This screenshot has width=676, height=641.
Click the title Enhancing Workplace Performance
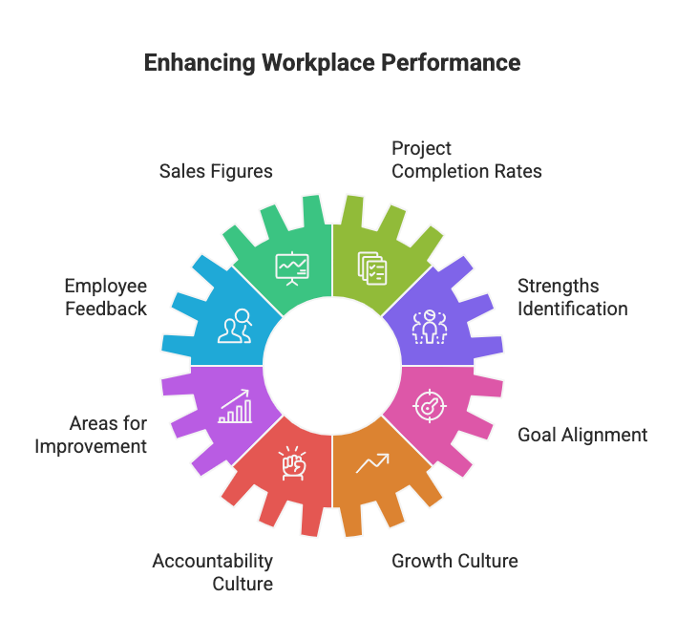331,64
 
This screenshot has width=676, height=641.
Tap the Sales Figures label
216,172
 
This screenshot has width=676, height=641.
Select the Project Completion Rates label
466,160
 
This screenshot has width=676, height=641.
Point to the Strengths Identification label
572,297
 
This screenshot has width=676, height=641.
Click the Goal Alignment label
581,435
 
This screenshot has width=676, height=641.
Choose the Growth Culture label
454,561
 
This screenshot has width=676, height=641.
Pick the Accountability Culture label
212,571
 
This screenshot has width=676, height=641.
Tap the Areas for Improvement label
94,435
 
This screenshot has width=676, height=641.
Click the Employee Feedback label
105,297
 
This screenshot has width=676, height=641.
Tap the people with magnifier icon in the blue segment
235,328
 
